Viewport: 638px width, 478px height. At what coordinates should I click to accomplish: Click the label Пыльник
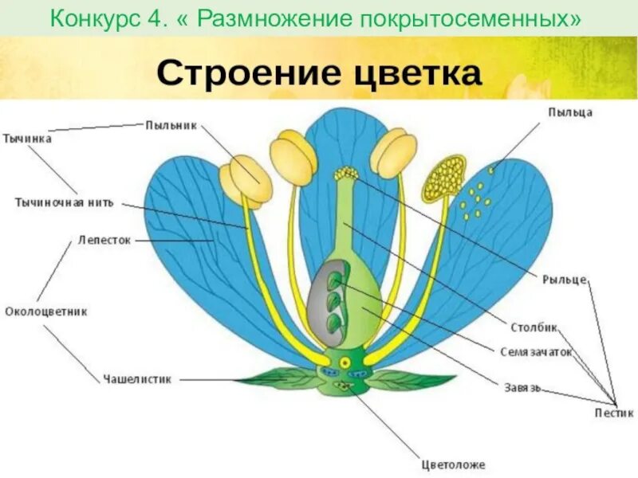point(171,124)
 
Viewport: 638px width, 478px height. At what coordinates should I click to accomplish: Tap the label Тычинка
point(26,138)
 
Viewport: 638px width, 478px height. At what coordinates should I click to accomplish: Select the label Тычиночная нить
point(65,202)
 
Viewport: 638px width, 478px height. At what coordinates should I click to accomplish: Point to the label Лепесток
point(104,238)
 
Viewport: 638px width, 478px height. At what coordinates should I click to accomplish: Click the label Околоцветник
point(45,311)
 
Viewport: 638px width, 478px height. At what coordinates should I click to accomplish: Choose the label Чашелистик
point(137,379)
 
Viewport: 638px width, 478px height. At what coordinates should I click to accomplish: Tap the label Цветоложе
point(452,464)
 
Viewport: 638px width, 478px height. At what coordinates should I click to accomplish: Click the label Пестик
point(614,413)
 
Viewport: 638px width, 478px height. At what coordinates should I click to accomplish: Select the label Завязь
point(522,387)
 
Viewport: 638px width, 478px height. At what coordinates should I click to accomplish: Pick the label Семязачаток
point(536,351)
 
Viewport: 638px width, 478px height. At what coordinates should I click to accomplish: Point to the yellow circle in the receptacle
point(345,362)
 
